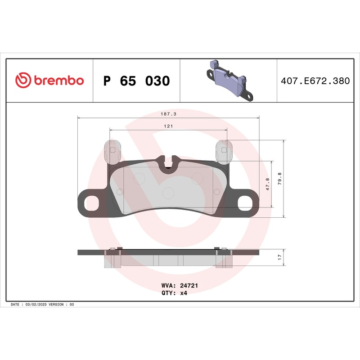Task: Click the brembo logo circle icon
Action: (23, 80)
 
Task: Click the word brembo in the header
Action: (59, 80)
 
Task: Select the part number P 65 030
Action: (137, 81)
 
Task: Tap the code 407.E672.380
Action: (315, 81)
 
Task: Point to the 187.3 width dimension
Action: (168, 114)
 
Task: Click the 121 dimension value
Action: (168, 126)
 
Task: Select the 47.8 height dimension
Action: (268, 184)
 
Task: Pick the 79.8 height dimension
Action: (279, 179)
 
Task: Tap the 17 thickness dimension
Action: (279, 257)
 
